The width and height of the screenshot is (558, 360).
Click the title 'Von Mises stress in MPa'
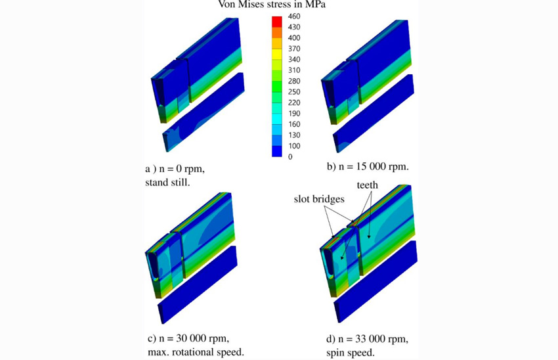pos(272,5)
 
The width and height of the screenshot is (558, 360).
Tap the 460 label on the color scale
pos(294,16)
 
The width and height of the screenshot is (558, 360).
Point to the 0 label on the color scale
pos(290,156)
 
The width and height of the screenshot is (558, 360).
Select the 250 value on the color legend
pos(294,92)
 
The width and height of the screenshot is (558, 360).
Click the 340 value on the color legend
pos(294,60)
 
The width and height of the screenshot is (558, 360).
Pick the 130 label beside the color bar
pos(294,135)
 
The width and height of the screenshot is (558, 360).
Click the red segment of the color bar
pos(277,22)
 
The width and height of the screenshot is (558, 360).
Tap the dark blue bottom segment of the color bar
pos(277,151)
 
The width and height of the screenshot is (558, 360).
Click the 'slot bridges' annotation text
pos(319,198)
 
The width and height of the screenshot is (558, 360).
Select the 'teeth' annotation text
pos(367,185)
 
